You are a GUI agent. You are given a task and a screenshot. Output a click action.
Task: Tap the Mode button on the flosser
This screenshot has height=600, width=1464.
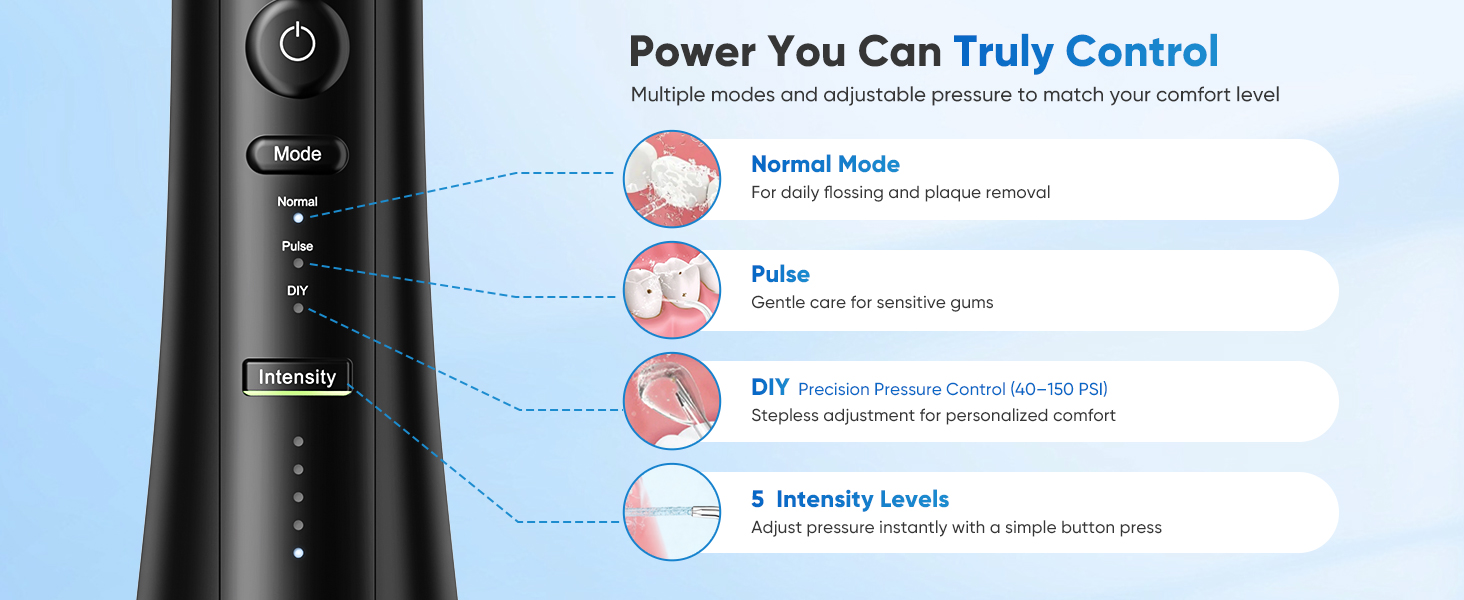pyautogui.click(x=297, y=154)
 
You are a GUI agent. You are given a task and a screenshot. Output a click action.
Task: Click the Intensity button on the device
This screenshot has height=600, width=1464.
pyautogui.click(x=297, y=377)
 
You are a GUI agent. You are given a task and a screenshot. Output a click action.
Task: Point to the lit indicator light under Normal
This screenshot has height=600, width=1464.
pyautogui.click(x=298, y=218)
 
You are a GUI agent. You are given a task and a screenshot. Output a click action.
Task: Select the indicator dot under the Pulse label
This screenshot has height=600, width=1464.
pyautogui.click(x=298, y=263)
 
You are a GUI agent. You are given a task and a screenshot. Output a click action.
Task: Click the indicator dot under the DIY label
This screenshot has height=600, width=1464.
pyautogui.click(x=298, y=308)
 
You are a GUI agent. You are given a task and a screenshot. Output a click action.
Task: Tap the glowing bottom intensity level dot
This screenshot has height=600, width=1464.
pyautogui.click(x=298, y=553)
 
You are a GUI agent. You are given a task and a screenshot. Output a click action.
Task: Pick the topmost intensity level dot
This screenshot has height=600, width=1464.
pyautogui.click(x=298, y=442)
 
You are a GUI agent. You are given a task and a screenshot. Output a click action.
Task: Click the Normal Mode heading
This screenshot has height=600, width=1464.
pyautogui.click(x=825, y=164)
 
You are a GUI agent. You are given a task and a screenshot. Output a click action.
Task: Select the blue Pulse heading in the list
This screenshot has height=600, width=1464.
pyautogui.click(x=780, y=274)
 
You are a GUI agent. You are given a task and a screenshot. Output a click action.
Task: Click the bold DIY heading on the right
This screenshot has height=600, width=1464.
pyautogui.click(x=770, y=387)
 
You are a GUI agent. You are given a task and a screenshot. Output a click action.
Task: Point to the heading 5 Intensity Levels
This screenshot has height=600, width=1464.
pyautogui.click(x=850, y=499)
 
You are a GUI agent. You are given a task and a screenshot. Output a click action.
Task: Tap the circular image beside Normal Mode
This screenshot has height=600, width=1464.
pyautogui.click(x=672, y=179)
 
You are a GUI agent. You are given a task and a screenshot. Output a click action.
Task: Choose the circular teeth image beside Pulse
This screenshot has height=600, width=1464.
pyautogui.click(x=672, y=290)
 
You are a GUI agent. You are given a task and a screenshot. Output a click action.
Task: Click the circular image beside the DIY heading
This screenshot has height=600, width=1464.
pyautogui.click(x=672, y=401)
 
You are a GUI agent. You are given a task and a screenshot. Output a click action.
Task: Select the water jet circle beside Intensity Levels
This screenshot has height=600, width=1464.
pyautogui.click(x=672, y=512)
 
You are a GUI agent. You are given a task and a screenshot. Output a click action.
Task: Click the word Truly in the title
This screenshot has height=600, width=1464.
pyautogui.click(x=1003, y=52)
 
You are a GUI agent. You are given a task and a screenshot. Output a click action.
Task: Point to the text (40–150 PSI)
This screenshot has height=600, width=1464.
pyautogui.click(x=1059, y=389)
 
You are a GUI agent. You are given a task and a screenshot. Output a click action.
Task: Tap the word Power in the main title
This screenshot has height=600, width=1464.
pyautogui.click(x=692, y=52)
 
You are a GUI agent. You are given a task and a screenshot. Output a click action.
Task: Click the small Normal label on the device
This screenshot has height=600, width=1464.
pyautogui.click(x=297, y=202)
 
